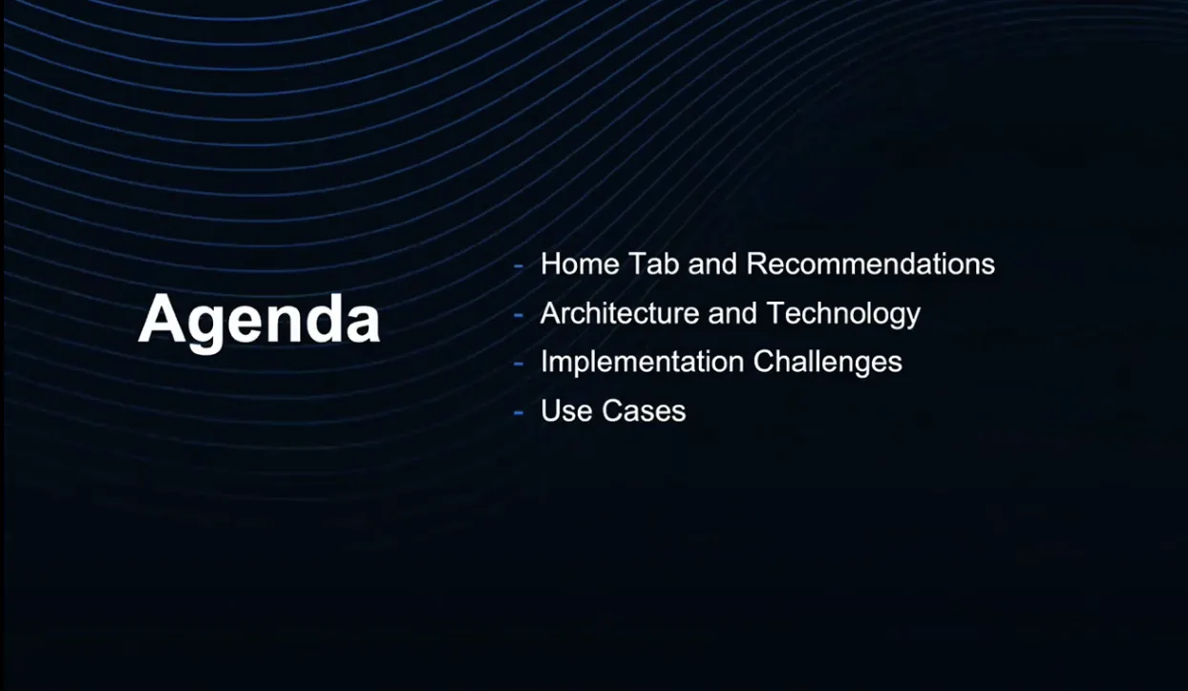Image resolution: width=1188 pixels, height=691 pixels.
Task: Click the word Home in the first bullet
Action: click(x=580, y=263)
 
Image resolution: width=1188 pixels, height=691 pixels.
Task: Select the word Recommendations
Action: click(x=870, y=263)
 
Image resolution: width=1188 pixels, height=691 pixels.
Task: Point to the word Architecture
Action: click(x=620, y=313)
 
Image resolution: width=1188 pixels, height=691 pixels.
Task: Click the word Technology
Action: click(x=843, y=314)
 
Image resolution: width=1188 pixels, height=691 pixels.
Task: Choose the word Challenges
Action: click(x=827, y=363)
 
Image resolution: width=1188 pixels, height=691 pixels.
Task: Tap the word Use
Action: click(x=566, y=410)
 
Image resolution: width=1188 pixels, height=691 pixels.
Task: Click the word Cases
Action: click(x=644, y=410)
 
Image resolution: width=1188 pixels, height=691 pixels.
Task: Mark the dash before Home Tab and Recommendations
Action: click(x=519, y=266)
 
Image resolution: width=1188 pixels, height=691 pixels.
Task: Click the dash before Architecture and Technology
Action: click(x=519, y=315)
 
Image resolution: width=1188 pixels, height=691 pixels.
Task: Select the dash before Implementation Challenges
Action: click(x=519, y=364)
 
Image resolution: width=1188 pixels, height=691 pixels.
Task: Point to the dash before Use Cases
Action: click(x=519, y=413)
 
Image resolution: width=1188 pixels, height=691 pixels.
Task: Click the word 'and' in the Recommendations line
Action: click(x=712, y=263)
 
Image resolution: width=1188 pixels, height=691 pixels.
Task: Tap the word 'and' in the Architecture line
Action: click(x=732, y=313)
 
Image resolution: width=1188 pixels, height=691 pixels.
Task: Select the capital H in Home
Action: click(x=550, y=263)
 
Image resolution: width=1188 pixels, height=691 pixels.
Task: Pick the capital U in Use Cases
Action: click(x=550, y=410)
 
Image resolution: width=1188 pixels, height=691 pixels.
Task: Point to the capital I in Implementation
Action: click(x=544, y=362)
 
